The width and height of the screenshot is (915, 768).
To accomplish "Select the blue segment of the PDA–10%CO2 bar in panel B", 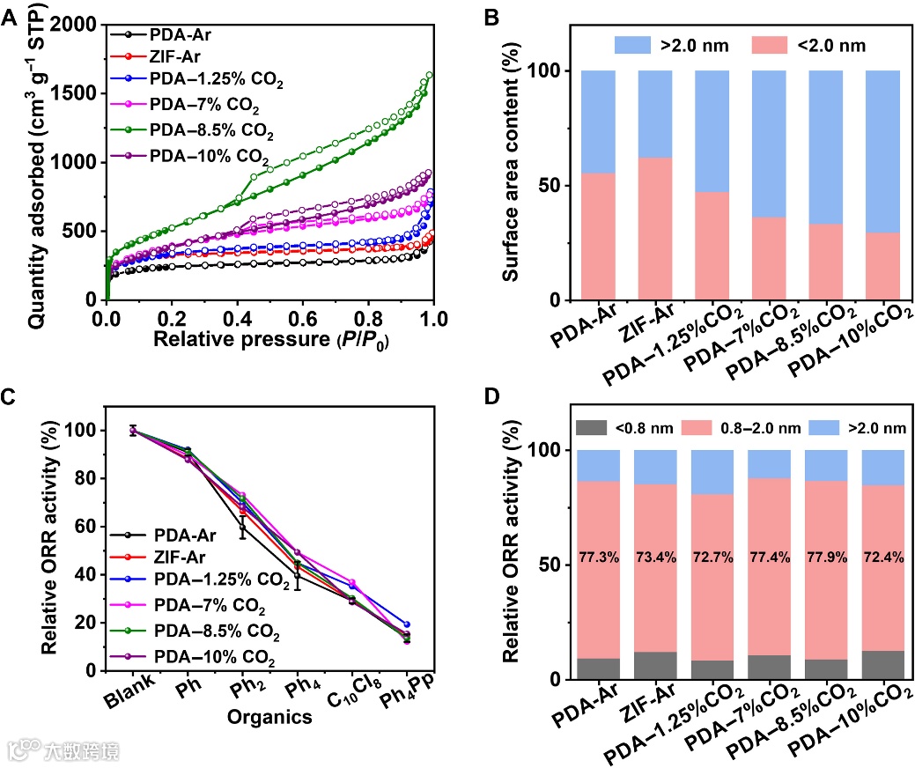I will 889,151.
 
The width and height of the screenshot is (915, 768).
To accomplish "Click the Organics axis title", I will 270,717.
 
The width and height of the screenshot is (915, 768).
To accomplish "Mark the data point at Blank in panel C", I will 133,431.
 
